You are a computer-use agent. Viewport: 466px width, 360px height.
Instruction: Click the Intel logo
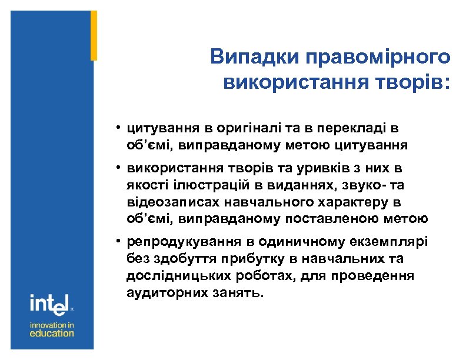[x=50, y=304]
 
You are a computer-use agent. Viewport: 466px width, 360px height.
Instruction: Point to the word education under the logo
[x=52, y=333]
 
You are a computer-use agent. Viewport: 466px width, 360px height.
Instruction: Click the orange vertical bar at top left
[x=94, y=35]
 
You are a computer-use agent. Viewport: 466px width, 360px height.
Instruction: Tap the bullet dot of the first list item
[x=118, y=126]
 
